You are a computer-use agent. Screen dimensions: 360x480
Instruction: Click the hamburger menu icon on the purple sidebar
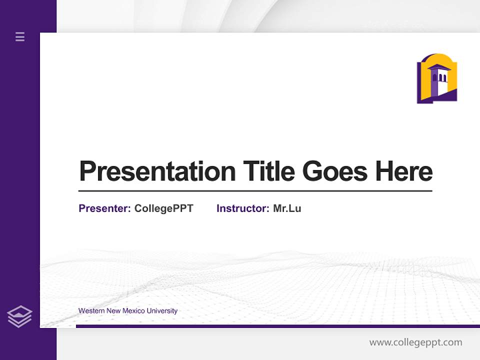pos(20,36)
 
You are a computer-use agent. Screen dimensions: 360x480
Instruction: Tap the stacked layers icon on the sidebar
pos(19,316)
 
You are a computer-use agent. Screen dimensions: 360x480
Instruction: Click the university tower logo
pos(437,78)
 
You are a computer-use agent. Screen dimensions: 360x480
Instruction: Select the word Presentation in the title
pos(157,171)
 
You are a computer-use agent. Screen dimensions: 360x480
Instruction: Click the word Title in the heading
pos(268,171)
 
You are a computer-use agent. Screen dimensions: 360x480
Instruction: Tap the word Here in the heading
pos(403,171)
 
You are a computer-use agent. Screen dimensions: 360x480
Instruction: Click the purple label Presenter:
pos(104,208)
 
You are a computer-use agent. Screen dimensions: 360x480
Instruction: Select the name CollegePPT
pos(163,208)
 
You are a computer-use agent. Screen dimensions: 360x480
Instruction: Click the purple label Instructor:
pos(242,208)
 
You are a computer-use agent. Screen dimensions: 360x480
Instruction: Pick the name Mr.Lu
pos(287,208)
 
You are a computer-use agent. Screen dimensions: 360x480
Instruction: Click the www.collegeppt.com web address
pos(415,342)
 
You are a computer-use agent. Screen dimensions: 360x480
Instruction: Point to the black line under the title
pos(255,191)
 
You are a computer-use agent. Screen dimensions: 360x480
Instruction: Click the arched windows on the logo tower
pos(439,78)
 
